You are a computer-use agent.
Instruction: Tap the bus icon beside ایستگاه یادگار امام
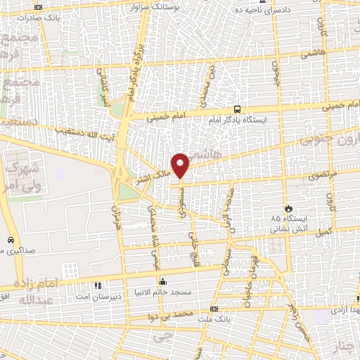coord(238,109)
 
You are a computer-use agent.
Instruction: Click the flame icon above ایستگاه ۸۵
coord(288,208)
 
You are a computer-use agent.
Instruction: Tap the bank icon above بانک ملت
coord(213,309)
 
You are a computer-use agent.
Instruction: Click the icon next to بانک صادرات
coord(38,7)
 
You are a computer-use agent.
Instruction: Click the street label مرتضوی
coord(324,172)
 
